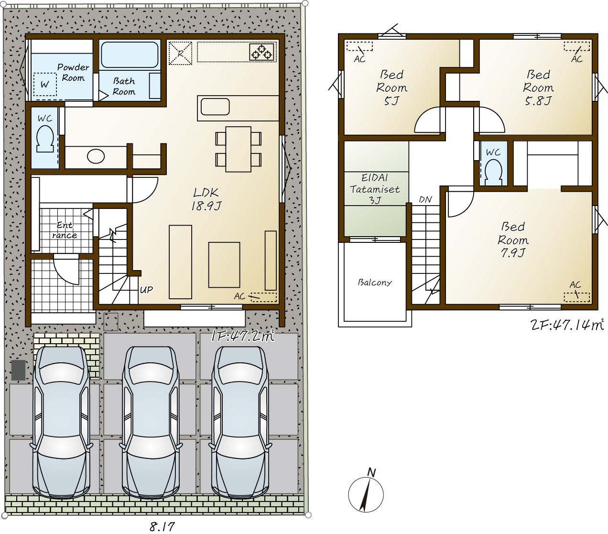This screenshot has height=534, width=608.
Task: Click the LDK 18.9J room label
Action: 206,199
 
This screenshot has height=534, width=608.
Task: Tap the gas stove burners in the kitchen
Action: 261,52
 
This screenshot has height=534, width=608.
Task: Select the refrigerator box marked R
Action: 180,53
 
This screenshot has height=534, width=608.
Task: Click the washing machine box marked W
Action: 45,84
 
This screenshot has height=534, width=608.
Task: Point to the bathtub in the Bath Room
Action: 130,55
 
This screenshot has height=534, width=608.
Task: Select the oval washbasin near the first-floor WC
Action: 96,156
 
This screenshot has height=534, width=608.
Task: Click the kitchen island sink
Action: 215,107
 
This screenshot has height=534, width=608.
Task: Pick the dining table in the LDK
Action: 239,149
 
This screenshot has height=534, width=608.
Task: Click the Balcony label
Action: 375,283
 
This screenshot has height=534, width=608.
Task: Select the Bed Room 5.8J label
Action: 538,87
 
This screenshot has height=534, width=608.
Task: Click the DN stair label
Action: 425,200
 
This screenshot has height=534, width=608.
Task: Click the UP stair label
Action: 146,290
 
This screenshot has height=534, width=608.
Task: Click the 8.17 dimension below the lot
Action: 162,526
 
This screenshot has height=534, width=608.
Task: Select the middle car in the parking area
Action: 151,422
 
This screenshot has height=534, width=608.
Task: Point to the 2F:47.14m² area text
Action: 567,325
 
